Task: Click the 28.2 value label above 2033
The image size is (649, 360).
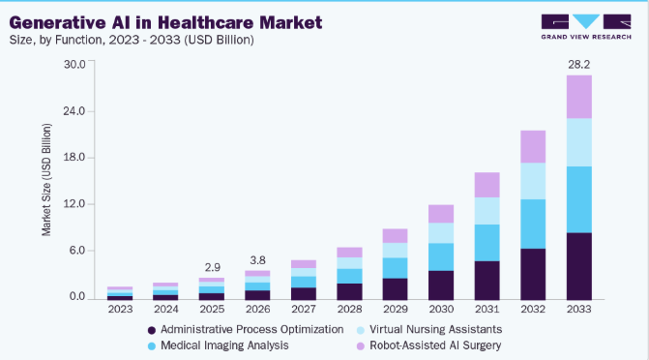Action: point(578,65)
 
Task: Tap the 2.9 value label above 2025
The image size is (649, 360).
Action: point(213,268)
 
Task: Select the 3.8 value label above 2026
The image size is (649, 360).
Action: point(257,260)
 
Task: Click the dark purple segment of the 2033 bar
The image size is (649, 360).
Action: point(579,266)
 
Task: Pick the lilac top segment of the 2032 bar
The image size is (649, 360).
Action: point(533,147)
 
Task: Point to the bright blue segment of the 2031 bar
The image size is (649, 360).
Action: point(487,243)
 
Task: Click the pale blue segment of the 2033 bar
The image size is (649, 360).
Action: point(579,142)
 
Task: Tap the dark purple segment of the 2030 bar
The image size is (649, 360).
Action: point(441,285)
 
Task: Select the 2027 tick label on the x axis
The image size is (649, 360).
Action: point(304,309)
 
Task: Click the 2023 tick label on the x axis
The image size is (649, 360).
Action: point(121,309)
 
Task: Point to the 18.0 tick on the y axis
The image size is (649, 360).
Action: point(74,158)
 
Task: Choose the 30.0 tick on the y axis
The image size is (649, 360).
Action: point(74,64)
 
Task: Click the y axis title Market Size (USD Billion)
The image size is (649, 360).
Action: point(46,180)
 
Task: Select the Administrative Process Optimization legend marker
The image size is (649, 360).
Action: point(152,330)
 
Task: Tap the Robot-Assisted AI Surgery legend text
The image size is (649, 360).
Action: point(435,345)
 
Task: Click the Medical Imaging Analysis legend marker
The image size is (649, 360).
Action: point(152,345)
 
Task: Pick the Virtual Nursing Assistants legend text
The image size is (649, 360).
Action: point(436,329)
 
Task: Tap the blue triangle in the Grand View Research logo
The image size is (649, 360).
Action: point(586,21)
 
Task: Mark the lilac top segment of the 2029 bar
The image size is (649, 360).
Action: point(396,236)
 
